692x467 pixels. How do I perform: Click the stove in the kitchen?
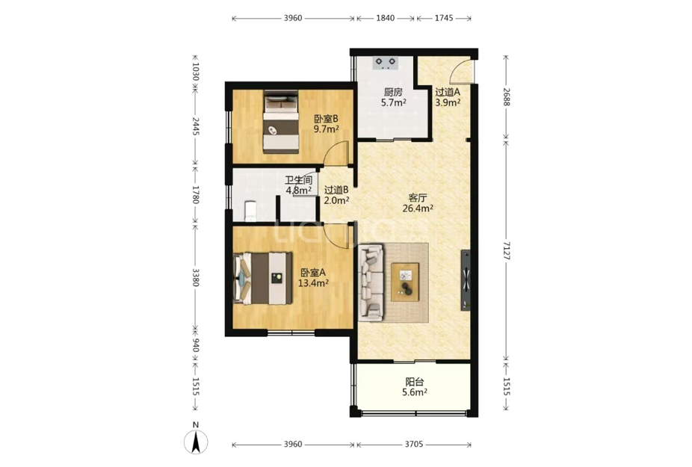point(386,63)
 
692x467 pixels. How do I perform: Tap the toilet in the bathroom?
point(250,211)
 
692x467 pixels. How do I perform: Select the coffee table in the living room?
point(405,282)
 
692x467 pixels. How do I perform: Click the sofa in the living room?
point(371,282)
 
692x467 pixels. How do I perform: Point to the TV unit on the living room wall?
point(465,280)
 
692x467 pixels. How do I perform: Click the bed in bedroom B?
point(281,122)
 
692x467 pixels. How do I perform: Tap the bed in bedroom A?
point(262,278)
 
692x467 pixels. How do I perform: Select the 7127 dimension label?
point(506,251)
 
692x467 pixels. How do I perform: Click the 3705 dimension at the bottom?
point(414,445)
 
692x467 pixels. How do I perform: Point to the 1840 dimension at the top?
point(386,18)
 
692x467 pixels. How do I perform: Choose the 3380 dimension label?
point(196,278)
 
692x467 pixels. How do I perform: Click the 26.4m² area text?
point(418,208)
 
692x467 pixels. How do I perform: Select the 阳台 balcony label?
point(415,382)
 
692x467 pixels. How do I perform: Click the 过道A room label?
point(448,92)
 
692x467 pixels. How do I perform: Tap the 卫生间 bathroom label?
point(299,180)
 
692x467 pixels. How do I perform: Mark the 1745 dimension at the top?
point(444,18)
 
